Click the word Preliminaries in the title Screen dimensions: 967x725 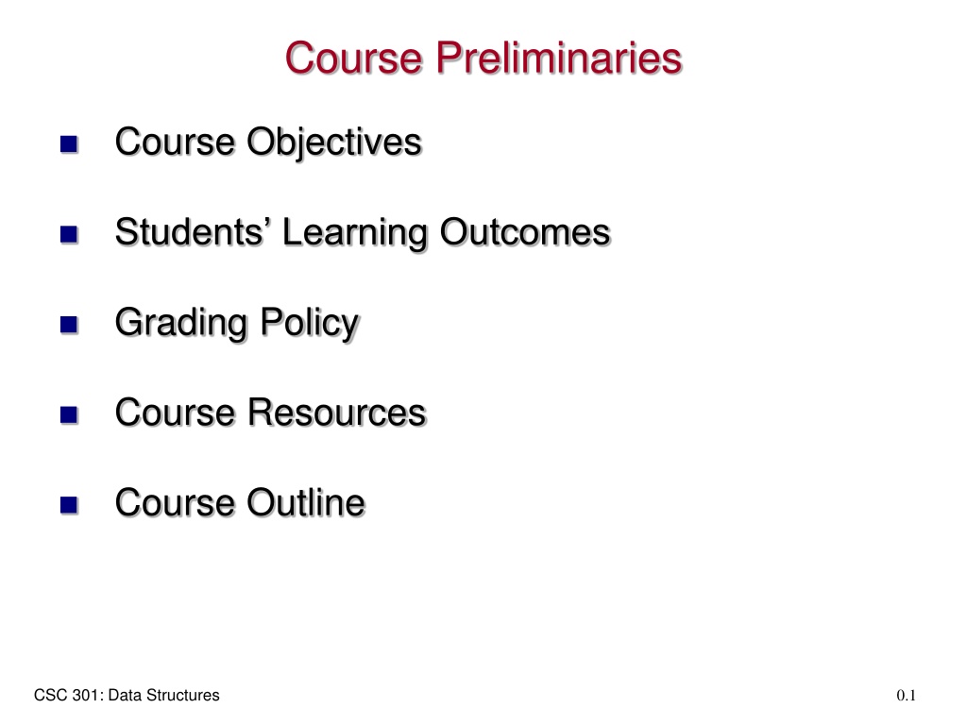pos(559,58)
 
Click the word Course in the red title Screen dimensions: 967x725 pos(354,58)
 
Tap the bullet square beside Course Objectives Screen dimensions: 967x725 pos(69,144)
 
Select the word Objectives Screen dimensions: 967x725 pos(334,143)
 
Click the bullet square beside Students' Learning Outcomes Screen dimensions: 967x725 pos(69,234)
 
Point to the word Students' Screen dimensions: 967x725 pos(194,232)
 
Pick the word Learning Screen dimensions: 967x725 pos(355,233)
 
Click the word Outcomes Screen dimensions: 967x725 pos(525,232)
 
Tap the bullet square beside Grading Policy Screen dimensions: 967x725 pos(69,325)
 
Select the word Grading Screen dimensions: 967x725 pos(181,323)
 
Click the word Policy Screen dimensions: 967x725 pos(310,323)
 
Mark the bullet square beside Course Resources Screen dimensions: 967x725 pos(69,414)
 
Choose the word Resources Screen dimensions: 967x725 pos(337,412)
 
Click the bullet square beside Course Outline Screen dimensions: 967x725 pos(69,505)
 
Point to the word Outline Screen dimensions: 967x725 pos(307,502)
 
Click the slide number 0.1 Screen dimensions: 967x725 pos(906,696)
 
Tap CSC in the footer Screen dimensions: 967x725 pos(51,696)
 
